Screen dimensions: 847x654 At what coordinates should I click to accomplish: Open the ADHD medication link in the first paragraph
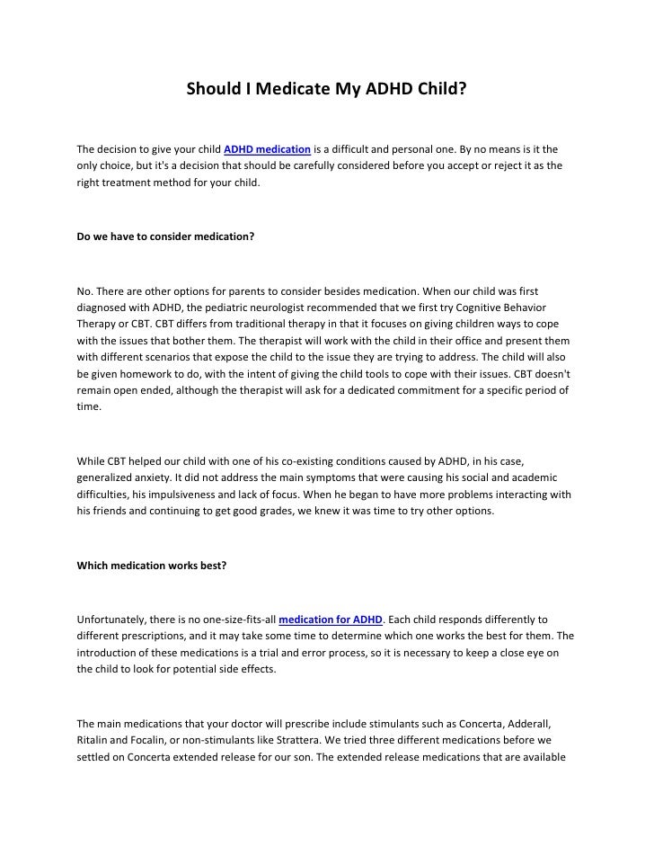[267, 148]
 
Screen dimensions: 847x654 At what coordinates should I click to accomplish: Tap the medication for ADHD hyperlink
[331, 620]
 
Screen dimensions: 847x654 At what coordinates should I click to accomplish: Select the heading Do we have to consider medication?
[165, 236]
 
